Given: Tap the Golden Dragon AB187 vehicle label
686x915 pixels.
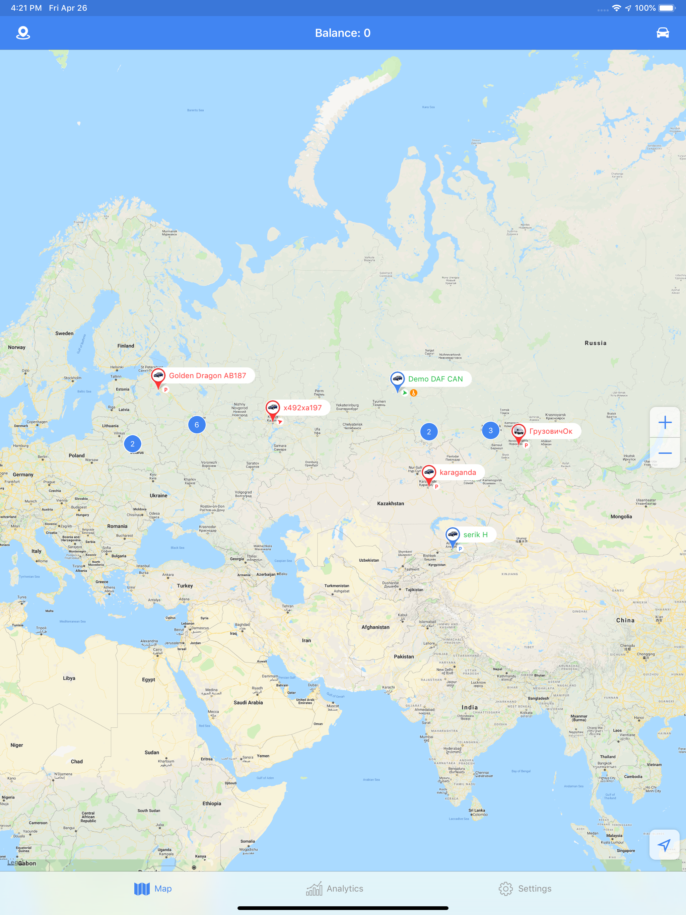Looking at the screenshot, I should (x=207, y=375).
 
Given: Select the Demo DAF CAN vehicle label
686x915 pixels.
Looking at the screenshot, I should (x=435, y=379).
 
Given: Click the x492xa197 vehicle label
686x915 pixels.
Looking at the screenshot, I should (x=302, y=408).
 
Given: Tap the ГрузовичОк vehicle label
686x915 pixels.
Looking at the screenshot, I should (x=551, y=431).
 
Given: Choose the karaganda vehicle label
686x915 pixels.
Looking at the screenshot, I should (x=458, y=472).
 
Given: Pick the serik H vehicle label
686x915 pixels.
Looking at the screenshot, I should (x=475, y=535).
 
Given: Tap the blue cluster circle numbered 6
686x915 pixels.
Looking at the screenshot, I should (x=197, y=425).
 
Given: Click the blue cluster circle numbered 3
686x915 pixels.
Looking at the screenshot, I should (x=491, y=431).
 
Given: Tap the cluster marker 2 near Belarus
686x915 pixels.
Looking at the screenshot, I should (x=132, y=444).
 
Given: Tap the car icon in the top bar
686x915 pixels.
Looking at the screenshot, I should (x=663, y=33).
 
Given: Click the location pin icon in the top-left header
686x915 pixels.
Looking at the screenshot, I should (x=23, y=33).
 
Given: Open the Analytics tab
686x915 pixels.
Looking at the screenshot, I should (x=335, y=889).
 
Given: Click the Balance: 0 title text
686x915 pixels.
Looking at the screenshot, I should (x=343, y=33).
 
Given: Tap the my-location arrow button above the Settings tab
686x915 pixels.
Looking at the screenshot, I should (x=664, y=845).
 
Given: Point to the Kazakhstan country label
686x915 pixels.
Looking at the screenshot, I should (x=391, y=503).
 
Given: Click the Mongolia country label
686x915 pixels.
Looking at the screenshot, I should (x=621, y=517).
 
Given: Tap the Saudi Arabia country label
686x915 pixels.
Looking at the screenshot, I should (x=248, y=702).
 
